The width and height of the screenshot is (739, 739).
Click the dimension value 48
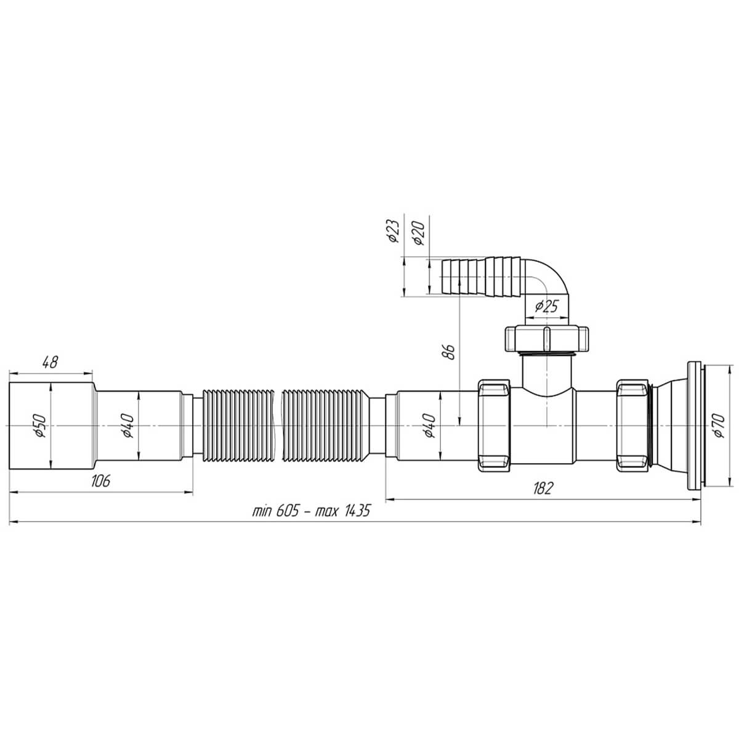[50, 361]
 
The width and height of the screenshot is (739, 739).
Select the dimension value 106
[100, 480]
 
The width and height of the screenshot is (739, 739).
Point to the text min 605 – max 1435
[311, 511]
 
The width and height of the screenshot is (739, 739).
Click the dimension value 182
[543, 488]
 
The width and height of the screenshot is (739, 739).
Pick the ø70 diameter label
[718, 426]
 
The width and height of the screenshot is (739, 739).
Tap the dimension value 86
[449, 351]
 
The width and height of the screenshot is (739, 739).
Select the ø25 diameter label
[546, 306]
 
